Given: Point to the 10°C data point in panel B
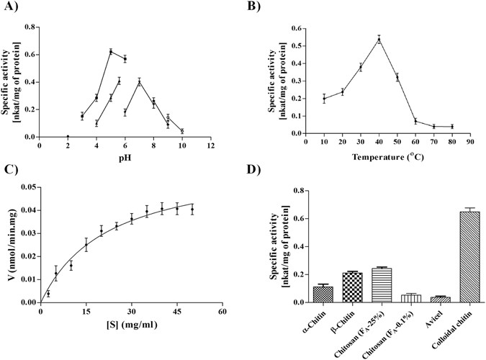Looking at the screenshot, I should pos(324,99).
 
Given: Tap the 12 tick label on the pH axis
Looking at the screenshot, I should pos(210,145).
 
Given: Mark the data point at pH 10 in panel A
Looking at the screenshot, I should pos(181,131).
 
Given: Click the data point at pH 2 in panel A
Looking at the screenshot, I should pos(68,137).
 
